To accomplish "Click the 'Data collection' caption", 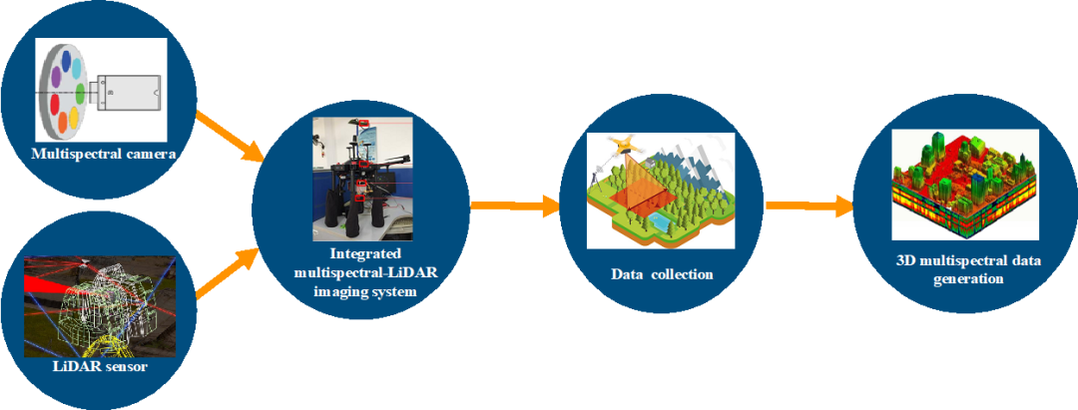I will pyautogui.click(x=662, y=273).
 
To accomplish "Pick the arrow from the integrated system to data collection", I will pyautogui.click(x=513, y=205).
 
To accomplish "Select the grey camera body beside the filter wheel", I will pyautogui.click(x=127, y=94).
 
